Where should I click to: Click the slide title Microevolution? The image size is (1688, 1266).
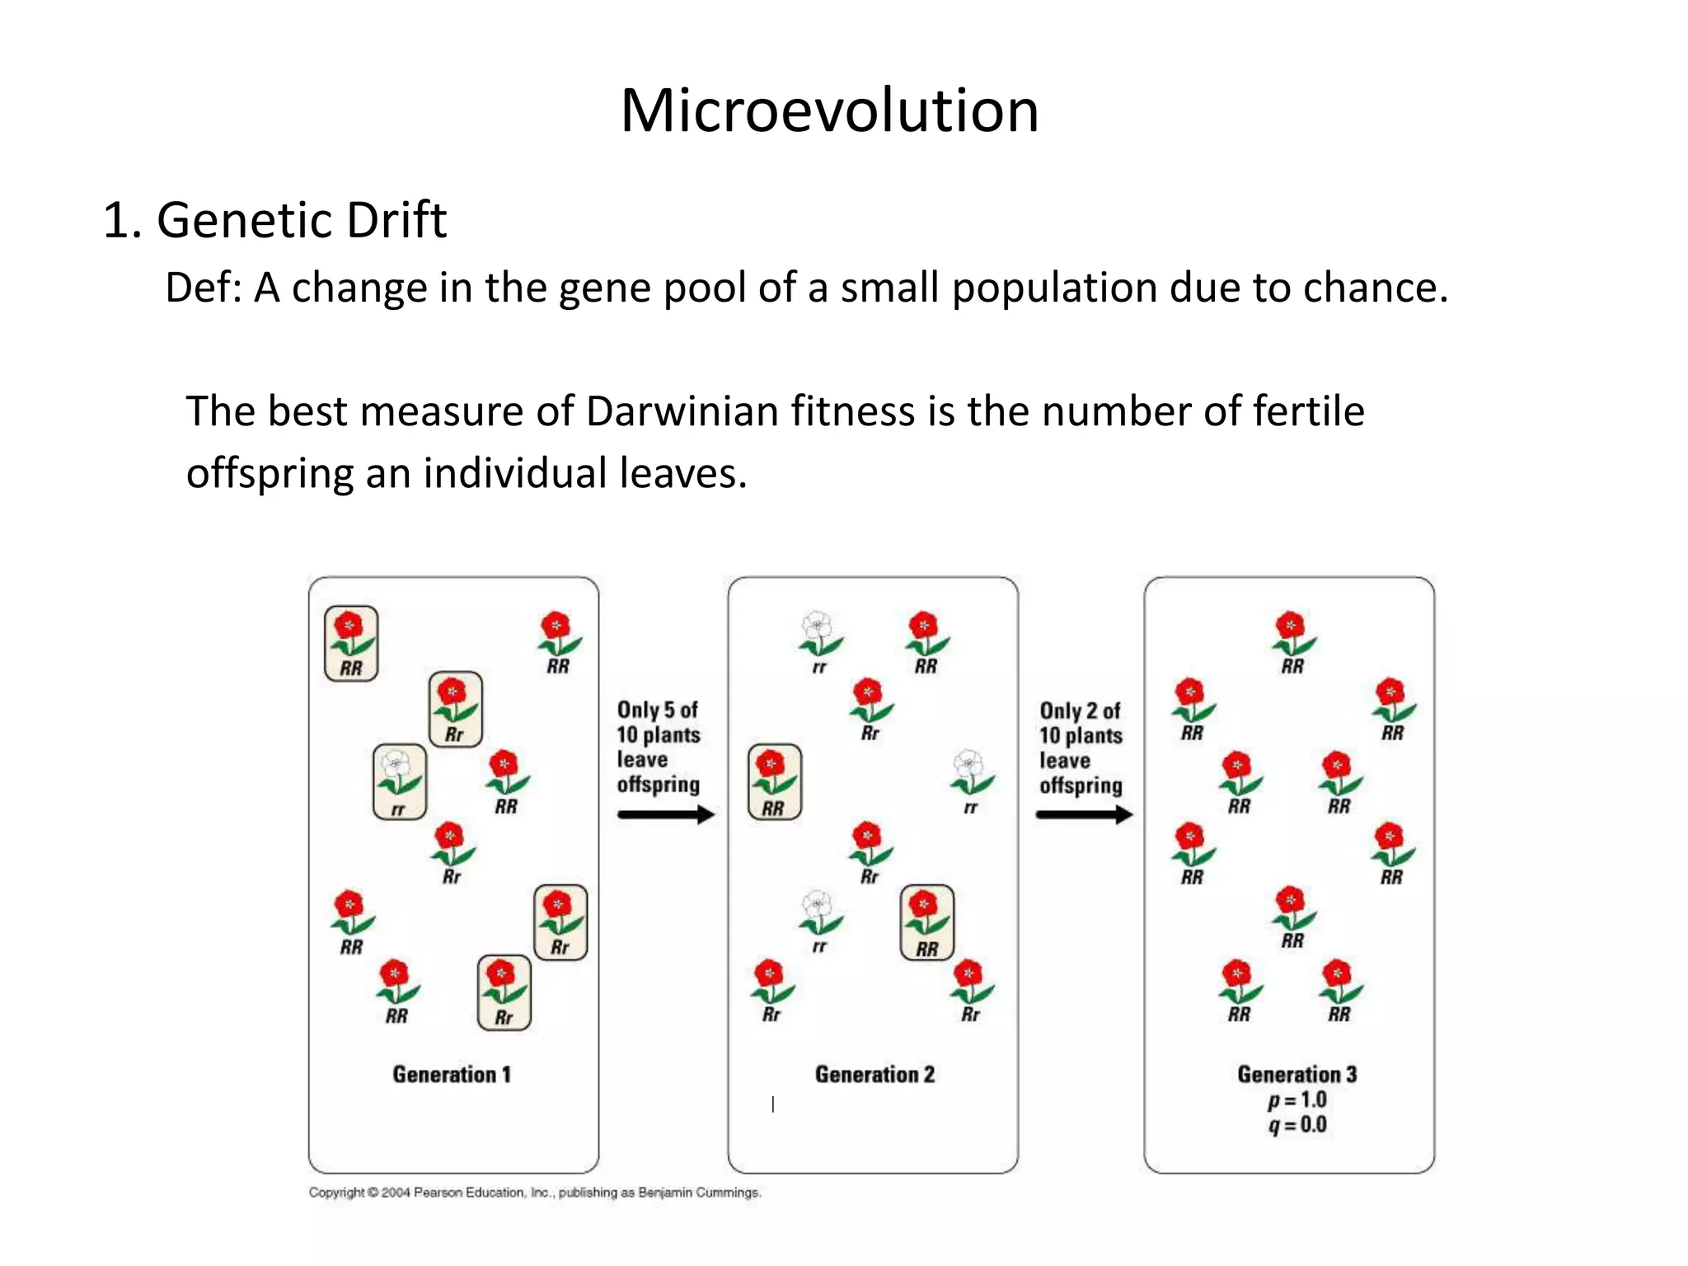point(829,110)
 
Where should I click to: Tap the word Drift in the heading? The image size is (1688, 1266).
point(396,221)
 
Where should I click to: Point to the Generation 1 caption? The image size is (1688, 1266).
point(452,1075)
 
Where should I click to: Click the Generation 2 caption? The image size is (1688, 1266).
point(874,1075)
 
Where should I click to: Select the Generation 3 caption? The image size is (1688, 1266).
point(1296,1075)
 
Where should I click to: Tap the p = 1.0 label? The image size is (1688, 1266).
point(1297,1100)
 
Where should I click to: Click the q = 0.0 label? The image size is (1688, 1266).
point(1297,1125)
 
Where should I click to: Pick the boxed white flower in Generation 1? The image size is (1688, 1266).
point(400,781)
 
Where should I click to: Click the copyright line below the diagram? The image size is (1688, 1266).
point(535,1193)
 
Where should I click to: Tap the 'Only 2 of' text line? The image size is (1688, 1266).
point(1080,710)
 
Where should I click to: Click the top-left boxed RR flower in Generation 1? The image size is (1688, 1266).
point(351,643)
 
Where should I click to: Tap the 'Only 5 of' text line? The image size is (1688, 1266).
point(658,710)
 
